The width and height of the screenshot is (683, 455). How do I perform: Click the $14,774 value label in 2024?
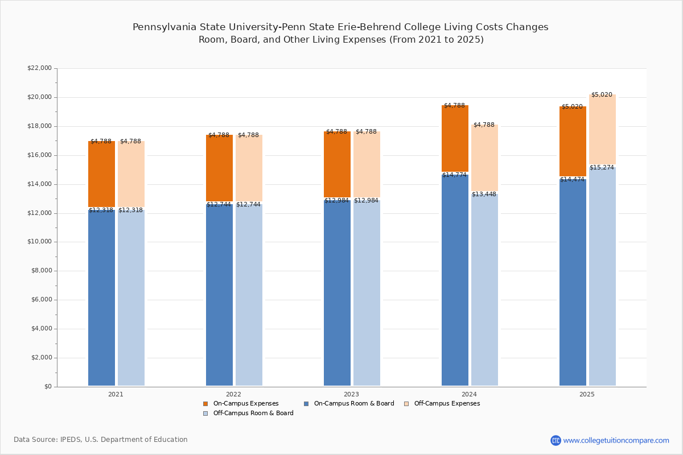pos(454,175)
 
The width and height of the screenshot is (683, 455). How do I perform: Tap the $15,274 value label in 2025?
pos(602,168)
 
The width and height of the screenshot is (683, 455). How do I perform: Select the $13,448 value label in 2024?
pos(484,195)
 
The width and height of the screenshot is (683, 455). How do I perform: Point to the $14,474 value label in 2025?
pos(572,180)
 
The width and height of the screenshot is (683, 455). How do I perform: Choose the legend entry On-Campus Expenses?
pos(245,404)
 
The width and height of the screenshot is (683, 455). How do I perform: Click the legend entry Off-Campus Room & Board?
pos(253,413)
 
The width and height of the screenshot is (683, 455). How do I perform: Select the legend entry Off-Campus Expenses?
pos(446,404)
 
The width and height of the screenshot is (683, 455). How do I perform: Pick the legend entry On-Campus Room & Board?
pos(353,404)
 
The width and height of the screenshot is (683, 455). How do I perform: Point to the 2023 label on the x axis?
pos(351,394)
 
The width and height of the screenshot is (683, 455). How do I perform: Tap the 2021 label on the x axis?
pos(116,394)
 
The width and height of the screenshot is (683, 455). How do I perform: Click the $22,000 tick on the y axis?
pos(39,68)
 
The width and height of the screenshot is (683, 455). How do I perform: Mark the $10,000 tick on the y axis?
pos(39,242)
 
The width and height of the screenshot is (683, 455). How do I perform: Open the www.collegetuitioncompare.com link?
pos(616,440)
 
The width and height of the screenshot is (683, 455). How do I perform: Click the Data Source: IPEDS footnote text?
pos(101,440)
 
